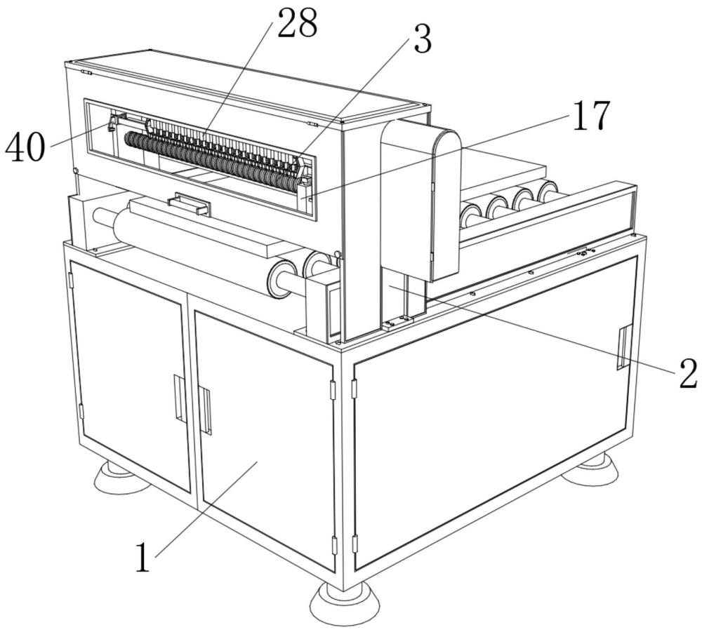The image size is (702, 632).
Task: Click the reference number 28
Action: (297, 23)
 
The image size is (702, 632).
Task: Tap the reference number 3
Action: (422, 39)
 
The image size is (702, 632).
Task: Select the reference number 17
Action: (591, 116)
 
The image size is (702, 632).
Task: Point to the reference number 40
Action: (25, 147)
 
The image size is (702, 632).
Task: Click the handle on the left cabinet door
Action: (178, 397)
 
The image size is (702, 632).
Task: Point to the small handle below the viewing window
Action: (190, 204)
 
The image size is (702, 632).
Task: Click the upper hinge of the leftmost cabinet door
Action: (71, 281)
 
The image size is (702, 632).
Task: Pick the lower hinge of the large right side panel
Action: (355, 544)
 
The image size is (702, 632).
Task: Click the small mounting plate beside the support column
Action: (397, 321)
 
